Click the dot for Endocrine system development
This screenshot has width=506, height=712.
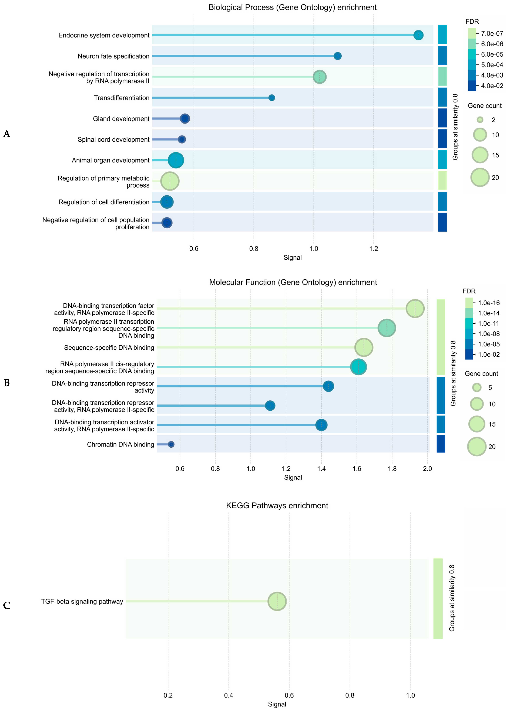click(418, 35)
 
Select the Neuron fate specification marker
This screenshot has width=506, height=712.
click(337, 56)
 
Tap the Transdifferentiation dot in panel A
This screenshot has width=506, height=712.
click(272, 98)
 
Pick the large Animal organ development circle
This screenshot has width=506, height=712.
click(176, 160)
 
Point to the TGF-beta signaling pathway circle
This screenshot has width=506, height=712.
click(277, 601)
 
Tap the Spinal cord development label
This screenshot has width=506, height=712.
click(113, 140)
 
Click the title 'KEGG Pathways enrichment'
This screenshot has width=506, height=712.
click(277, 505)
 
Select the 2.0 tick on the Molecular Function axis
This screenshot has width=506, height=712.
click(427, 469)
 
